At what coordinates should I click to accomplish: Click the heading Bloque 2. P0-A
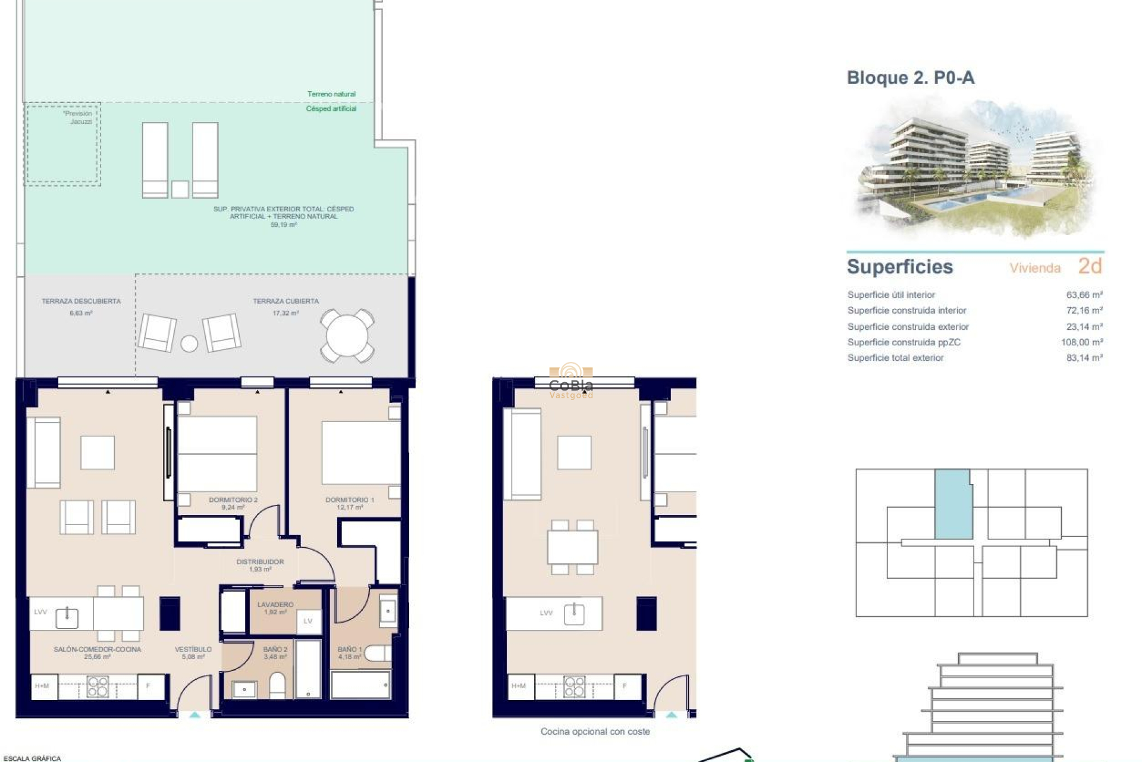tap(910, 78)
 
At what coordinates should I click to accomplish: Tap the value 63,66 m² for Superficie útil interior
tap(1084, 295)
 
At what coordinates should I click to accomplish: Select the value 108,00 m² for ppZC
tap(1081, 342)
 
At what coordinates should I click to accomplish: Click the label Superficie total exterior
tap(895, 358)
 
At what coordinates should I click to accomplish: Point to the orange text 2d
tap(1090, 266)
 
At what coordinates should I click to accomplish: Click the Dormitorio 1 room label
tap(350, 500)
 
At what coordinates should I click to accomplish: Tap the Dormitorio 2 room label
tap(233, 500)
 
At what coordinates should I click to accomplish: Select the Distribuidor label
tap(260, 562)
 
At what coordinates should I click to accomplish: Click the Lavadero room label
tap(275, 605)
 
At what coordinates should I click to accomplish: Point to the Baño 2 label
tap(275, 649)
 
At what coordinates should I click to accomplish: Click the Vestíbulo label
tap(193, 649)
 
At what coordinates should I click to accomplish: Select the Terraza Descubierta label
tap(81, 301)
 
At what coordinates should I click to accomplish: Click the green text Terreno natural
tap(331, 94)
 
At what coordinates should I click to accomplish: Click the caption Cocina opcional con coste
tap(595, 732)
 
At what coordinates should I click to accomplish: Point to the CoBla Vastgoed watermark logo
tap(570, 381)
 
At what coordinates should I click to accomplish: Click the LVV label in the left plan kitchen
tap(40, 612)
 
